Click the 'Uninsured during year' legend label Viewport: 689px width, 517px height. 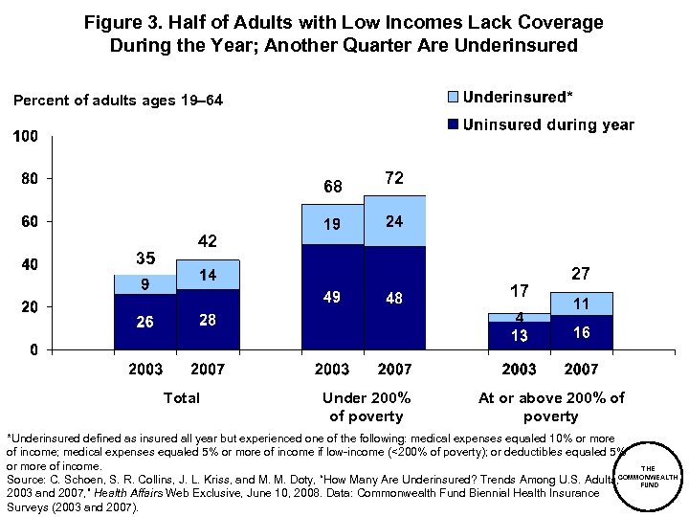(548, 124)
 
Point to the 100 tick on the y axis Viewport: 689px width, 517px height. (25, 137)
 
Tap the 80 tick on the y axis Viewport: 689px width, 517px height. (28, 178)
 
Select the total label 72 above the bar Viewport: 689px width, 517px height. (393, 178)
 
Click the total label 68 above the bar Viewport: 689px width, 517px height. (332, 186)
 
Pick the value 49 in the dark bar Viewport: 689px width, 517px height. (332, 298)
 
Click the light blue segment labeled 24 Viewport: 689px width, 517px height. (393, 221)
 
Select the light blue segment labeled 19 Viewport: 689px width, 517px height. (332, 224)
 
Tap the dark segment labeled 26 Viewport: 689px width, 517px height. (144, 322)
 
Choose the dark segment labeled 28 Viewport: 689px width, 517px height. (207, 320)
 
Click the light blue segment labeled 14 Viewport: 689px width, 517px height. (207, 275)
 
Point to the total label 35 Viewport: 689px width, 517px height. (144, 258)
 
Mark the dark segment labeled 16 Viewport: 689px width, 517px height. (581, 332)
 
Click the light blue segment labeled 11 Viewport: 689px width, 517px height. (581, 303)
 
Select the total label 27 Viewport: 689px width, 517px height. (581, 274)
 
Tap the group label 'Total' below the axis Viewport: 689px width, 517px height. (182, 397)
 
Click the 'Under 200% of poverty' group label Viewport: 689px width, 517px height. (367, 407)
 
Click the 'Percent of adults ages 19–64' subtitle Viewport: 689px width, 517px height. (118, 100)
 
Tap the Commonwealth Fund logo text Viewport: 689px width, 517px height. (648, 476)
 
